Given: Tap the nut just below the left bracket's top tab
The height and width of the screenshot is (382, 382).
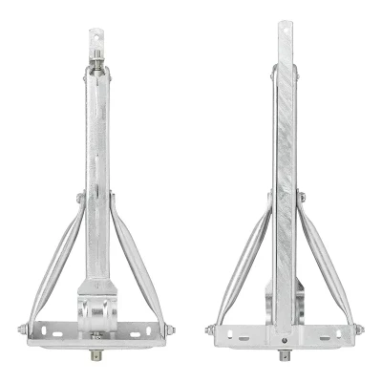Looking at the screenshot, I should [x=98, y=66].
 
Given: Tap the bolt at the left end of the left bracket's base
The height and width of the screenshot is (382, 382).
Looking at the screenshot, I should [x=21, y=330].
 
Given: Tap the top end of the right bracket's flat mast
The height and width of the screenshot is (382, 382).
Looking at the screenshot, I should [x=284, y=29].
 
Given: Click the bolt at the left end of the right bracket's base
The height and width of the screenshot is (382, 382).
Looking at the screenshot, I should [x=208, y=330].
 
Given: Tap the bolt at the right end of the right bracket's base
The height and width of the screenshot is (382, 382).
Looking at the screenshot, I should [x=361, y=330].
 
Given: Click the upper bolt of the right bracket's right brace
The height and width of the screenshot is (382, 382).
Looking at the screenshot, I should [x=302, y=198].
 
